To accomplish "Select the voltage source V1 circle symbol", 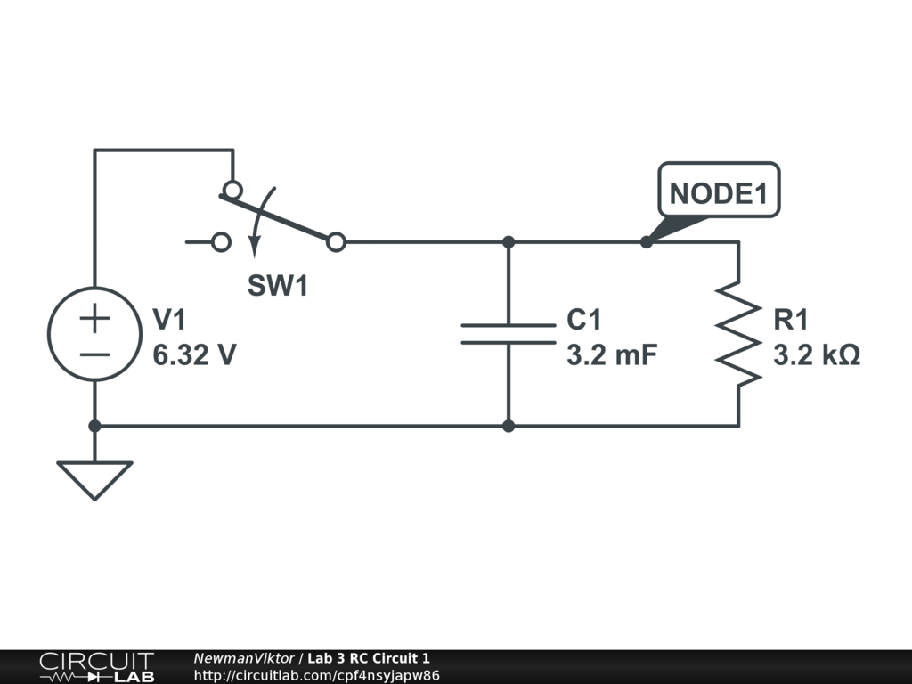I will pos(94,334).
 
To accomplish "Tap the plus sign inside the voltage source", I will pos(94,317).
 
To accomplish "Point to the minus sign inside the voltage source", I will pos(94,354).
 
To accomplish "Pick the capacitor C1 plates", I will pos(508,334).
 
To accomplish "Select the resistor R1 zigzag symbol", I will pos(738,334).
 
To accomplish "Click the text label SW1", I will pos(278,287).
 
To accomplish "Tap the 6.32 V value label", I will pos(194,355).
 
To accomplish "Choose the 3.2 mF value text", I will pos(611,355).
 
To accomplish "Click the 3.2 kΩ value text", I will pos(817,355).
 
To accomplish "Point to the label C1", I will pos(584,320).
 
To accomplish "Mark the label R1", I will pos(792,320).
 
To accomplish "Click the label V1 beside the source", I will pos(171,320).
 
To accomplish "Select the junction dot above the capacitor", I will pos(508,241).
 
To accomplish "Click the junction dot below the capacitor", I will pos(508,426).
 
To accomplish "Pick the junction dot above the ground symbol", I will pos(94,426).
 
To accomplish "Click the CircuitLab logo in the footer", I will pos(96,666).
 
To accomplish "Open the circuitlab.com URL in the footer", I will pos(316,675).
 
